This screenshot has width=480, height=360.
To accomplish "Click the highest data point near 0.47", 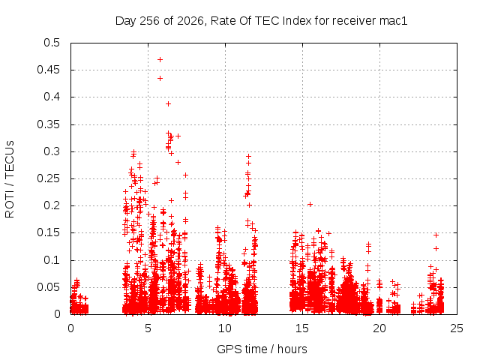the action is pos(160,60).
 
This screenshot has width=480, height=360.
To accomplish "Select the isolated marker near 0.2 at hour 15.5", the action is pos(310,204).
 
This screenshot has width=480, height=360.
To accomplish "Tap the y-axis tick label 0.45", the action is pos(48,70).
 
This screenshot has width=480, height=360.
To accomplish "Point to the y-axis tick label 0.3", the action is pos(52,151).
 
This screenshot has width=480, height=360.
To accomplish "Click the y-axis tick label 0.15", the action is pos(48,232).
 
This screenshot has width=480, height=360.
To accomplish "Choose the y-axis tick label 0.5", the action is pos(52,43).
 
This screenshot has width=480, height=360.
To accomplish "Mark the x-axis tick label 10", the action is pos(225,328).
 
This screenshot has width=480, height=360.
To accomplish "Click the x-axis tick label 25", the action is pos(457,328).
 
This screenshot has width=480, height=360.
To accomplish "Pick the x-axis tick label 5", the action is pos(148,328).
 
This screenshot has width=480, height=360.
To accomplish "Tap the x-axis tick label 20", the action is pos(379,328).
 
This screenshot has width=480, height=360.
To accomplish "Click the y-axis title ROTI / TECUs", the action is pos(10,179).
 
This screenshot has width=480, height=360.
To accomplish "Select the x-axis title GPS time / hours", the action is pos(262,349).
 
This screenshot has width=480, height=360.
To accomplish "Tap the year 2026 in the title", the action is pos(190,21).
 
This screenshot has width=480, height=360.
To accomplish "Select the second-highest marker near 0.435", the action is pos(160,79).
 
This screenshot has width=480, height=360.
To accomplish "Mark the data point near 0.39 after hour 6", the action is pos(168,104).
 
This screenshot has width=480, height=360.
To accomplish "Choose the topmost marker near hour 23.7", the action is pos(436,235).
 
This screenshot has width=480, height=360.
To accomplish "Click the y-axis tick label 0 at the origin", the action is pos(57,314).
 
